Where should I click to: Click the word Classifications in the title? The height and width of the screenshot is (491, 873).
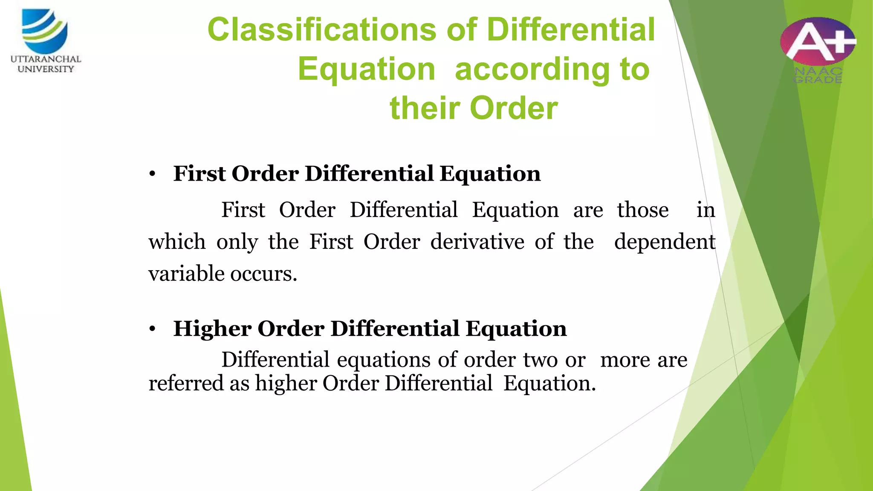[322, 30]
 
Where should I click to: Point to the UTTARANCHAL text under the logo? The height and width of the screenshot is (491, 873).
[46, 59]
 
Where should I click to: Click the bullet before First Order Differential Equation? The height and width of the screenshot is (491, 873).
[152, 174]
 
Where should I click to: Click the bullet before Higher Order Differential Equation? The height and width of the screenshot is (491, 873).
[152, 329]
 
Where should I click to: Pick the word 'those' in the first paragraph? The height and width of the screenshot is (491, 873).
[643, 210]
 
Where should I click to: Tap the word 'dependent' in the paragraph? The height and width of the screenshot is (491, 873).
[665, 242]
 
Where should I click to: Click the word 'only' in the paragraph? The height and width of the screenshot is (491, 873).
[237, 242]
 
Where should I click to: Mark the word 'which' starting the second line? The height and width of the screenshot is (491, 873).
[177, 242]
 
